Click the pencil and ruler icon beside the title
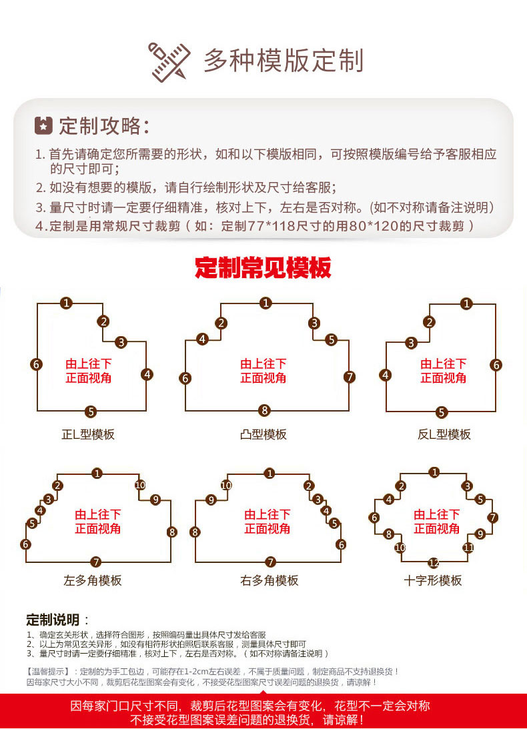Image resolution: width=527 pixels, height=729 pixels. (x=169, y=62)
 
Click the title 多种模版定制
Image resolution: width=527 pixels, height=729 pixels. (x=284, y=61)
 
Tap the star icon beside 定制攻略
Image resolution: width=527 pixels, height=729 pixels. (x=44, y=125)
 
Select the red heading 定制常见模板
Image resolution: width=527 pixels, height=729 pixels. (x=263, y=267)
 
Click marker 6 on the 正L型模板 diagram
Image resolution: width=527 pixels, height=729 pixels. (x=36, y=364)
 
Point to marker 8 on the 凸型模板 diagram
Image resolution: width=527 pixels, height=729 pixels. (x=265, y=411)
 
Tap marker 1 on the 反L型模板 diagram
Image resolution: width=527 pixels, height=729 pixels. (x=466, y=304)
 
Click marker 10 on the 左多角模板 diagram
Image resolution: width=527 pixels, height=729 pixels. (x=140, y=486)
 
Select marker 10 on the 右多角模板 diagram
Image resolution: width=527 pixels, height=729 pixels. (x=226, y=486)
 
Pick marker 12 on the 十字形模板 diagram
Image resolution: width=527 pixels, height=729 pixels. (x=434, y=563)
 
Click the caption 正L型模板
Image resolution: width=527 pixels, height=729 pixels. (x=88, y=435)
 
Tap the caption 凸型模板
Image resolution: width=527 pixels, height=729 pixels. (x=263, y=435)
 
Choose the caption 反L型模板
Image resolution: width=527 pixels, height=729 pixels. (x=444, y=435)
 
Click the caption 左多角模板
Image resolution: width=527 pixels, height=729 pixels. (x=93, y=581)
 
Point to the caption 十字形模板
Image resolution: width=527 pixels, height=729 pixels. (x=433, y=581)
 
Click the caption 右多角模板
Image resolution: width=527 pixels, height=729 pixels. (x=270, y=581)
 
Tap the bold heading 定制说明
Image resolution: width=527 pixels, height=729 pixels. (x=53, y=620)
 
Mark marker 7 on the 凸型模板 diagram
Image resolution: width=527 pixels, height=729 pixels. (x=350, y=377)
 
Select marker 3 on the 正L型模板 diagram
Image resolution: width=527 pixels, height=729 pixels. (x=121, y=343)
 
